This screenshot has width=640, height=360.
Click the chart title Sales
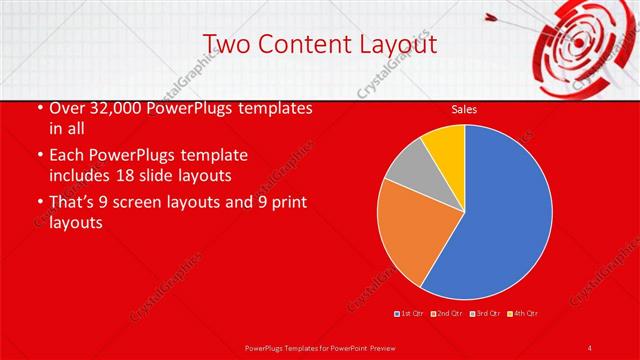pos(464,109)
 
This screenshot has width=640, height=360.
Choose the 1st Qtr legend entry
pos(410,313)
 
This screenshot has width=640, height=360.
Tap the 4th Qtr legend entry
pos(524,313)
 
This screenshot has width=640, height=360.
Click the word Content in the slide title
pos(296,44)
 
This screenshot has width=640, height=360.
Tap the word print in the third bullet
pos(285,204)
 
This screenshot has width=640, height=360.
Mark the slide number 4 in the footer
pos(590,347)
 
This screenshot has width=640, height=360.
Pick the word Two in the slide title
pos(225,44)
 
